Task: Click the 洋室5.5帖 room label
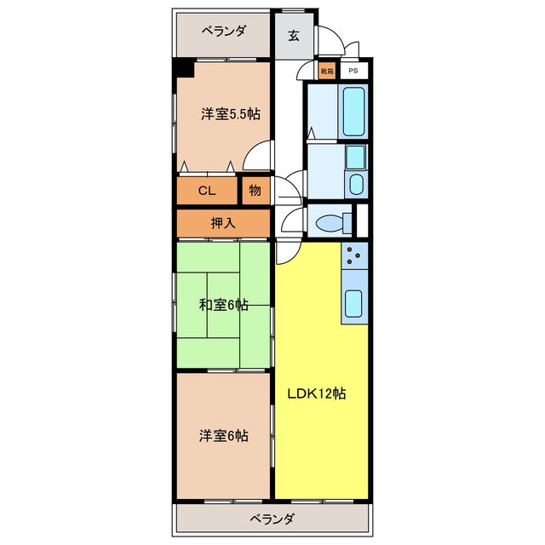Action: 230,114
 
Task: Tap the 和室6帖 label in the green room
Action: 224,304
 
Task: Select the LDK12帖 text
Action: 315,393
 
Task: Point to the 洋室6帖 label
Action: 224,435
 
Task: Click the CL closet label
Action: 206,191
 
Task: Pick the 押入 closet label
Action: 223,223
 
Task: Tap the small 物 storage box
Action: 255,191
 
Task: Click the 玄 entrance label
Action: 293,36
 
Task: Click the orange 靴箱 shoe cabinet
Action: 328,72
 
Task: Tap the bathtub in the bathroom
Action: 354,111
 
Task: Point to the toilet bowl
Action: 330,223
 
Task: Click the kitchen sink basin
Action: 353,302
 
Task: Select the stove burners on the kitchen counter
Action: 354,254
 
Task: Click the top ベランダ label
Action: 223,32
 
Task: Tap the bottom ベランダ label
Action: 272,519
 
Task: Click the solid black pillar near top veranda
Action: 182,68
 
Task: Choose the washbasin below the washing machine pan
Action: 355,184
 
